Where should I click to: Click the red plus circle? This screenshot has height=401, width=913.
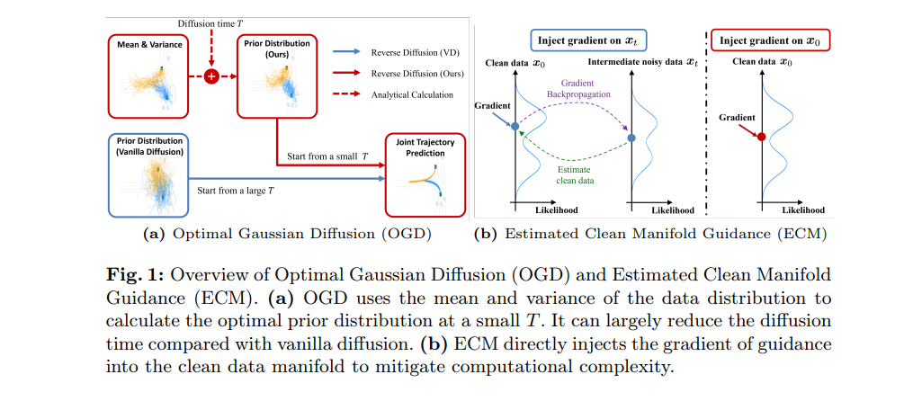point(212,76)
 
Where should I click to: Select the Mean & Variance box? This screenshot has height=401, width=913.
point(148,76)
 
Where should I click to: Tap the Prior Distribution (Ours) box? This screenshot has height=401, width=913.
point(275,76)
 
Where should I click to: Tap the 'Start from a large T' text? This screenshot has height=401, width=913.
point(235,191)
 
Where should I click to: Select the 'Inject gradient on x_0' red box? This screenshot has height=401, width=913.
point(767,40)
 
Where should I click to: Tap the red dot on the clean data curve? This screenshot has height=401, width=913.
point(762,137)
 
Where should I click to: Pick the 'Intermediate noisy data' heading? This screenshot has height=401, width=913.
point(643,62)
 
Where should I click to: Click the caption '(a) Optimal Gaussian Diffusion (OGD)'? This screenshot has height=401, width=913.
point(287,234)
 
